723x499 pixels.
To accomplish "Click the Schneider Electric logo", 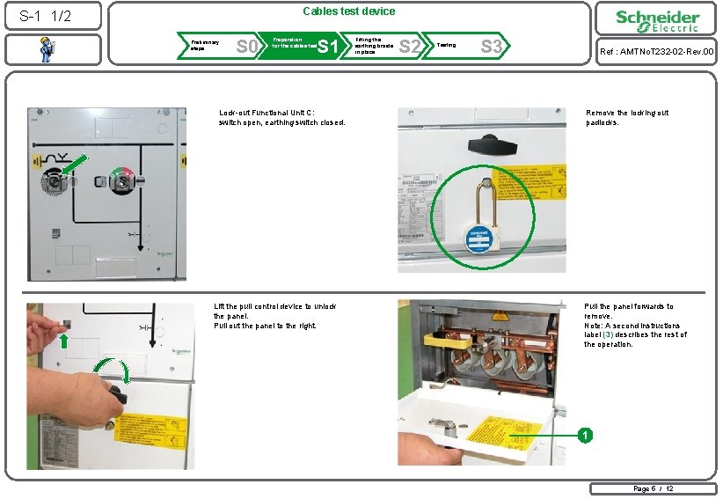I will [657, 22].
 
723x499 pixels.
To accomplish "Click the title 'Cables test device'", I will [349, 11].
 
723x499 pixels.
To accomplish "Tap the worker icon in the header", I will [45, 51].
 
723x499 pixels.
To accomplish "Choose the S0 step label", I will [247, 46].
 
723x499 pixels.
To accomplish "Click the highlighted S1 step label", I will [327, 46].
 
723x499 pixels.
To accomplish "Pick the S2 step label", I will [409, 46].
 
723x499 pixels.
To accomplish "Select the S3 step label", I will [492, 46].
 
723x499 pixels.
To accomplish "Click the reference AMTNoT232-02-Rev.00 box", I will [656, 52].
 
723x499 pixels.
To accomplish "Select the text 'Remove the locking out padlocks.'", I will [627, 118].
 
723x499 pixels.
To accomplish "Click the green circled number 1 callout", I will [581, 435].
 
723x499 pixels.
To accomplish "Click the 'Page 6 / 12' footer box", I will [652, 488].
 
